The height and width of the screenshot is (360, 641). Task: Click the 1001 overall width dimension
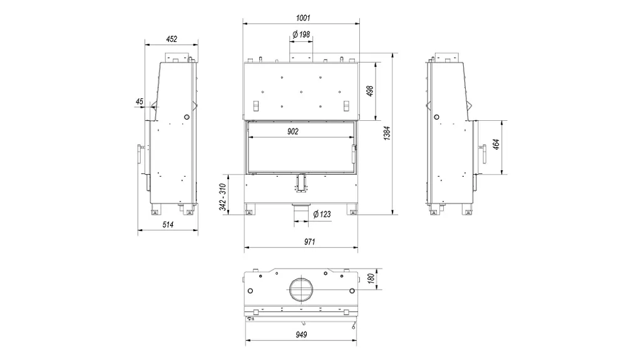coord(303,18)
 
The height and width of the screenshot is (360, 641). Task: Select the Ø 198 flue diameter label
coord(301,34)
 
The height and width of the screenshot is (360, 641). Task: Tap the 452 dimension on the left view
coord(172,39)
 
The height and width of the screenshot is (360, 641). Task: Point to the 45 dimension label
coord(140,101)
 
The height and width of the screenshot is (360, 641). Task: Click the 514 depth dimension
coord(168,225)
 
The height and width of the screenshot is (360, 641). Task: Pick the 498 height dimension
coord(370,91)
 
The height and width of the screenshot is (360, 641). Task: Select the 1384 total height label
coord(387,133)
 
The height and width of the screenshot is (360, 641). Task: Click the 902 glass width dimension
coord(293,131)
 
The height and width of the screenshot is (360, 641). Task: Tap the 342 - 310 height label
coord(223,197)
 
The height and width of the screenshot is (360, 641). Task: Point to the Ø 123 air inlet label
coord(322,214)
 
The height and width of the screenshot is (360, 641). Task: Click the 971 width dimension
coord(309,242)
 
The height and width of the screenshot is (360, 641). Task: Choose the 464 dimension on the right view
coord(496,145)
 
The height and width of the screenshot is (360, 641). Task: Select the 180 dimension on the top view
coord(371,279)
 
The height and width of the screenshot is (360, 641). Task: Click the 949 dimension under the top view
coord(301,334)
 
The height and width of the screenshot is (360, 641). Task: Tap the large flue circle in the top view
coord(301,289)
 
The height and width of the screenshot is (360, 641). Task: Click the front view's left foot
coord(249,209)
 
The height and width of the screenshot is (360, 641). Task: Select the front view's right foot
coord(352,209)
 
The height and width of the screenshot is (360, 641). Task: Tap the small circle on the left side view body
coord(187,117)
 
